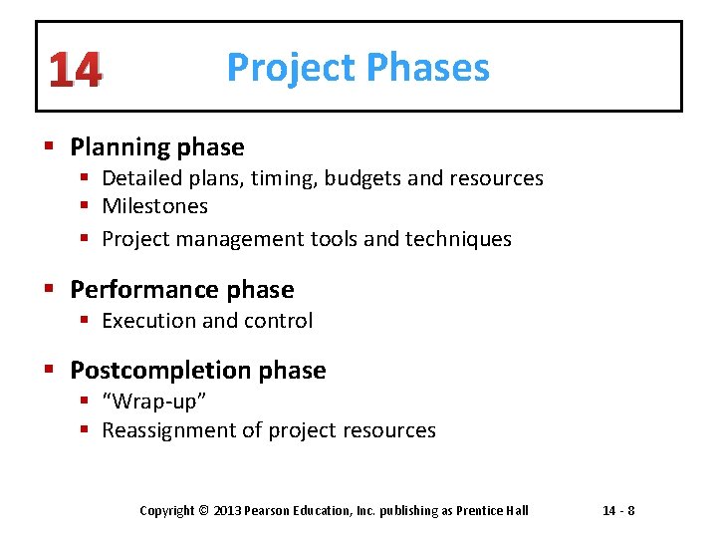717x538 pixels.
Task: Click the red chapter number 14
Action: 74,71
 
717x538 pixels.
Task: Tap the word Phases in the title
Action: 427,68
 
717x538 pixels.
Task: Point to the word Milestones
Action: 154,206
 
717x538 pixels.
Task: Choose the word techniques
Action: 461,239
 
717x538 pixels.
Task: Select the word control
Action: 283,321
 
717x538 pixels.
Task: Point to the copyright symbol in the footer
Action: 204,511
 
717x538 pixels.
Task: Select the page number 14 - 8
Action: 618,511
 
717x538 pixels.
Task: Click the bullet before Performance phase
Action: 53,290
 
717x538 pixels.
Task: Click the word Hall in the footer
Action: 516,511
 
